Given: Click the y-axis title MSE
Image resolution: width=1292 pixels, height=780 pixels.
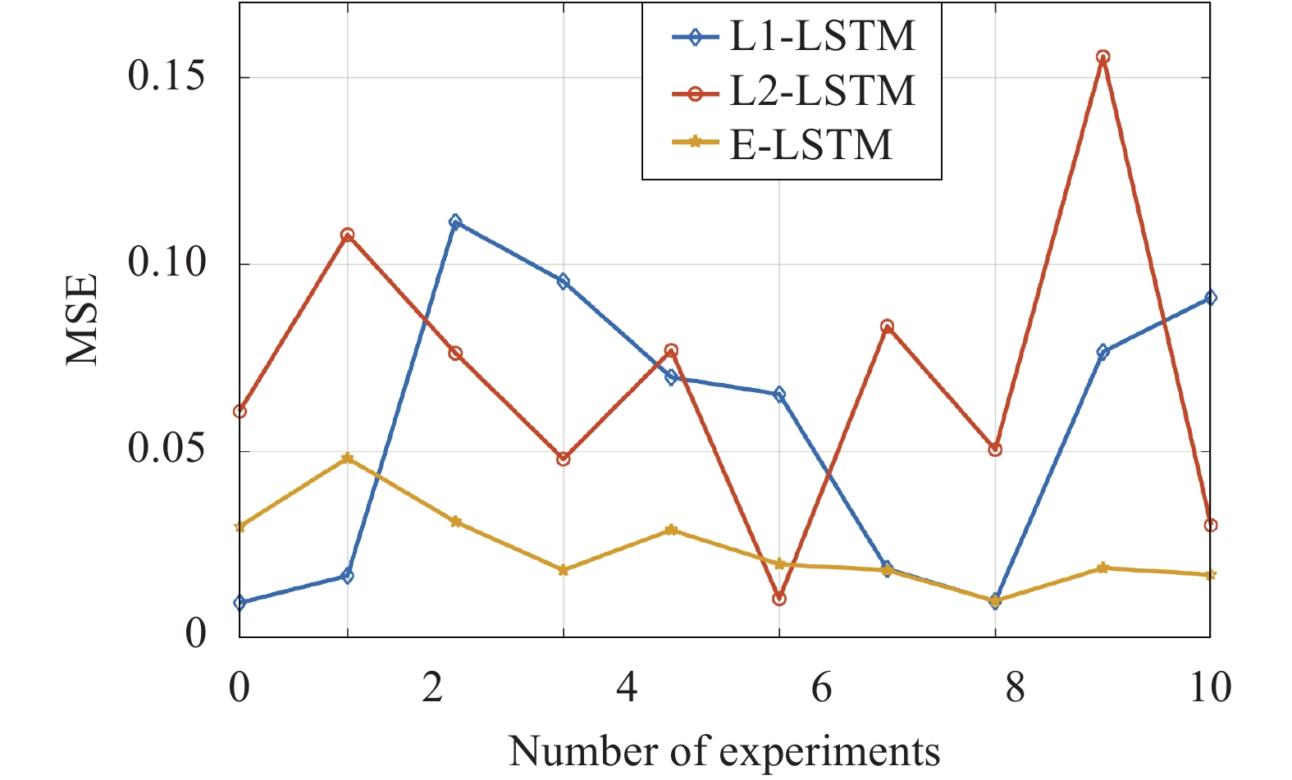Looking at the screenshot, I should point(82,320).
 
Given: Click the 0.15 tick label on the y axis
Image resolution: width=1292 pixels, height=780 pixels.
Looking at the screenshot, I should point(167,77).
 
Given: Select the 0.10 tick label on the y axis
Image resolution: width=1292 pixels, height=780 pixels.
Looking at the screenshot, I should point(167,264).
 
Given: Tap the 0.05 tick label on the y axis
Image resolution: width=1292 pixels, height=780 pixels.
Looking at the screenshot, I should point(167,451).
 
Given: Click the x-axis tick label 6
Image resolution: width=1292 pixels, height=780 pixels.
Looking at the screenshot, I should point(821,687).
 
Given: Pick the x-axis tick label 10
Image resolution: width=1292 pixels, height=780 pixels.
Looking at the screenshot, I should point(1209,687).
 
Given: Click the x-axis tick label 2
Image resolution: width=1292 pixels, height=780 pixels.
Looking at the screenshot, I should point(432,687).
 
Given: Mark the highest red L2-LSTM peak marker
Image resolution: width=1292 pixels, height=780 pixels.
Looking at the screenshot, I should point(1103,57).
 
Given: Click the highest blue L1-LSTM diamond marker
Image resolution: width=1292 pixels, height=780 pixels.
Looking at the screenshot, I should point(455,221).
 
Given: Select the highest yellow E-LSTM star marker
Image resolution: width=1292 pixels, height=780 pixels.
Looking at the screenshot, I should point(348,458).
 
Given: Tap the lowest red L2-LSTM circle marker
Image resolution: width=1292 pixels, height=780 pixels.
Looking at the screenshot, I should point(779,599).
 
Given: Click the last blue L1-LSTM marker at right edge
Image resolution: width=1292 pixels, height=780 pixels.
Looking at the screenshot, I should point(1210,298).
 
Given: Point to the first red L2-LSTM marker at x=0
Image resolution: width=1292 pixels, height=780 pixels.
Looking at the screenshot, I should point(240,411).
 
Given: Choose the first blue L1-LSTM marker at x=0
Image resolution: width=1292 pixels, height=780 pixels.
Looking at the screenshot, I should point(240,603).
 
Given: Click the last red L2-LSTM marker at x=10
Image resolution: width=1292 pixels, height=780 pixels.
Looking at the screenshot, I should point(1210,525).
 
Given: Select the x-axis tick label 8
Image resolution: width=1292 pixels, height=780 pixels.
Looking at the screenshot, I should point(1015,687).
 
